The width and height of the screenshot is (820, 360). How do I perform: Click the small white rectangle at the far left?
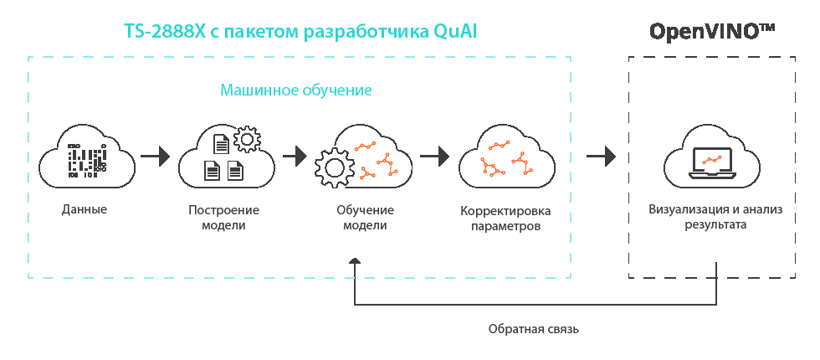tap(87, 224)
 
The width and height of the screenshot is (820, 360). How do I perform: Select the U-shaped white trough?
tap(226, 239)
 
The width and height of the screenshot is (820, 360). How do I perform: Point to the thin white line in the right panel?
tap(711, 234)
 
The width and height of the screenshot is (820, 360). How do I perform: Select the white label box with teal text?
tap(294, 92)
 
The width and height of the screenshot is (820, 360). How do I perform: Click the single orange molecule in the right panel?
tap(711, 159)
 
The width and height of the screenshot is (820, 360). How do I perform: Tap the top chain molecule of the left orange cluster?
tap(365, 147)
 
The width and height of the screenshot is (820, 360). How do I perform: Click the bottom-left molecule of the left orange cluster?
tap(366, 174)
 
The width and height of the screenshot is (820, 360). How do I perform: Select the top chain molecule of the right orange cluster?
tap(500, 145)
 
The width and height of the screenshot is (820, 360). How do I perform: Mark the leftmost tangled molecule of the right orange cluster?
tap(492, 167)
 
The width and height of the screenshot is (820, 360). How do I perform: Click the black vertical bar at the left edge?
tap(33, 176)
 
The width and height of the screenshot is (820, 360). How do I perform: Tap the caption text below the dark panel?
tap(533, 329)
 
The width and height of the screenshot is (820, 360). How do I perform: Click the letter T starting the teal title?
tap(129, 32)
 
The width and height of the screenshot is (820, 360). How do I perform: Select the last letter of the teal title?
tap(473, 32)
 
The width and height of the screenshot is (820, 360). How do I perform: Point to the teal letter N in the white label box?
tap(225, 90)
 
